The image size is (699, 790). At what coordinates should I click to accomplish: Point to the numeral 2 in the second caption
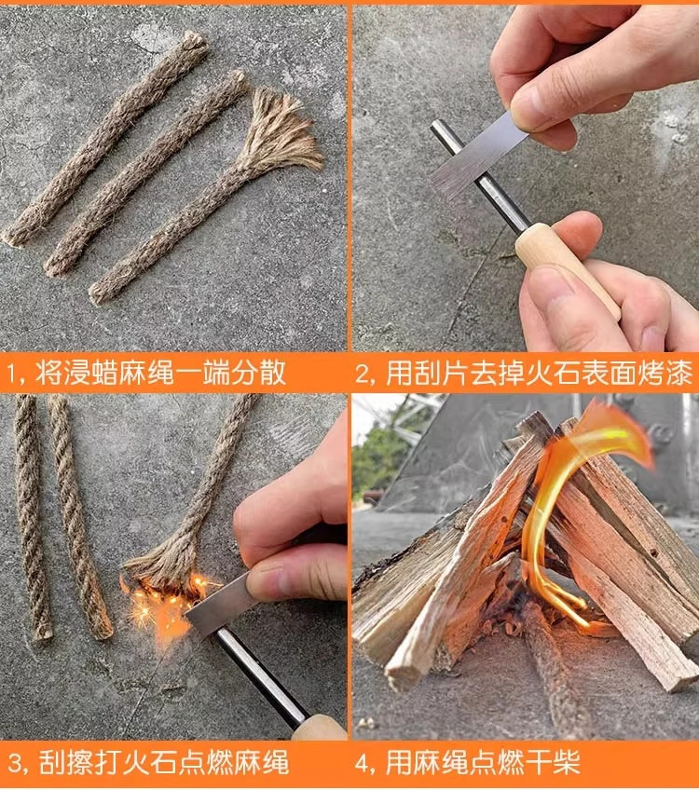(x=363, y=374)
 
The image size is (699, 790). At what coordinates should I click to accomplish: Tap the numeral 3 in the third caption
(x=16, y=763)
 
